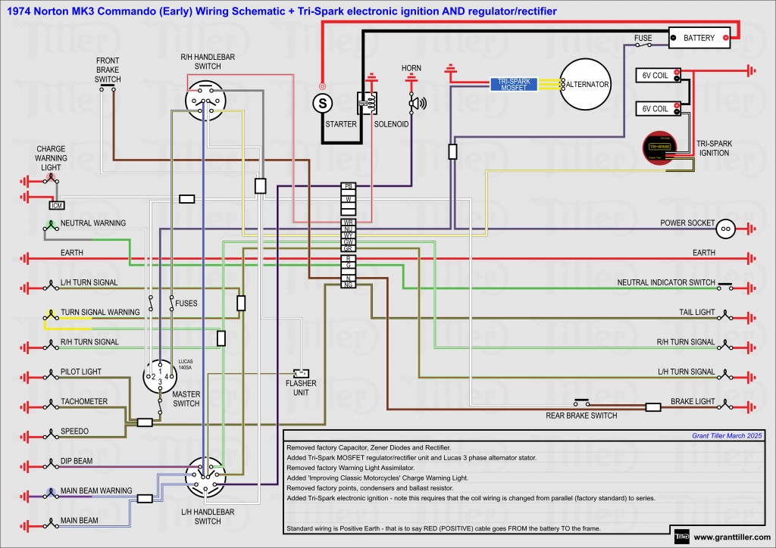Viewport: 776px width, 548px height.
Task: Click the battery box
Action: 699,38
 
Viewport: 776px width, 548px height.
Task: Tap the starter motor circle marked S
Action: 322,101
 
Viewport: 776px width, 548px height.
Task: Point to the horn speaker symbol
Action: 416,103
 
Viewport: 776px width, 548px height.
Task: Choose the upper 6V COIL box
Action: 657,75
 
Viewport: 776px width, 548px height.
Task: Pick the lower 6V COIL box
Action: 657,108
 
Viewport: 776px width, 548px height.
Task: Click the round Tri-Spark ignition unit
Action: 659,148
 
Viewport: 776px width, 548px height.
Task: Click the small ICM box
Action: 56,205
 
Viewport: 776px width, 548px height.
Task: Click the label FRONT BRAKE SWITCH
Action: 108,70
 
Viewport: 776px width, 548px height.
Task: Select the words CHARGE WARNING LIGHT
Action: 51,158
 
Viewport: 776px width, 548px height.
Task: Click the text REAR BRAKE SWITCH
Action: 581,416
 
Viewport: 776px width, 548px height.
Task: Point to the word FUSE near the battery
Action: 643,37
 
